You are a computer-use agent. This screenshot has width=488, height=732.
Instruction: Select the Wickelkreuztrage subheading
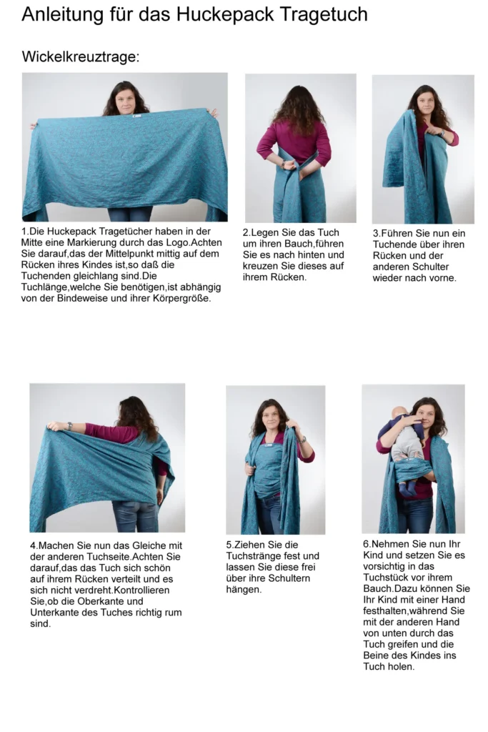pyautogui.click(x=81, y=57)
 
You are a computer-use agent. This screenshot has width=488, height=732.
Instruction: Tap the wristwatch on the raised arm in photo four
pyautogui.click(x=69, y=426)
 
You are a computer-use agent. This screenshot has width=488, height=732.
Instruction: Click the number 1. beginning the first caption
pyautogui.click(x=25, y=232)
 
